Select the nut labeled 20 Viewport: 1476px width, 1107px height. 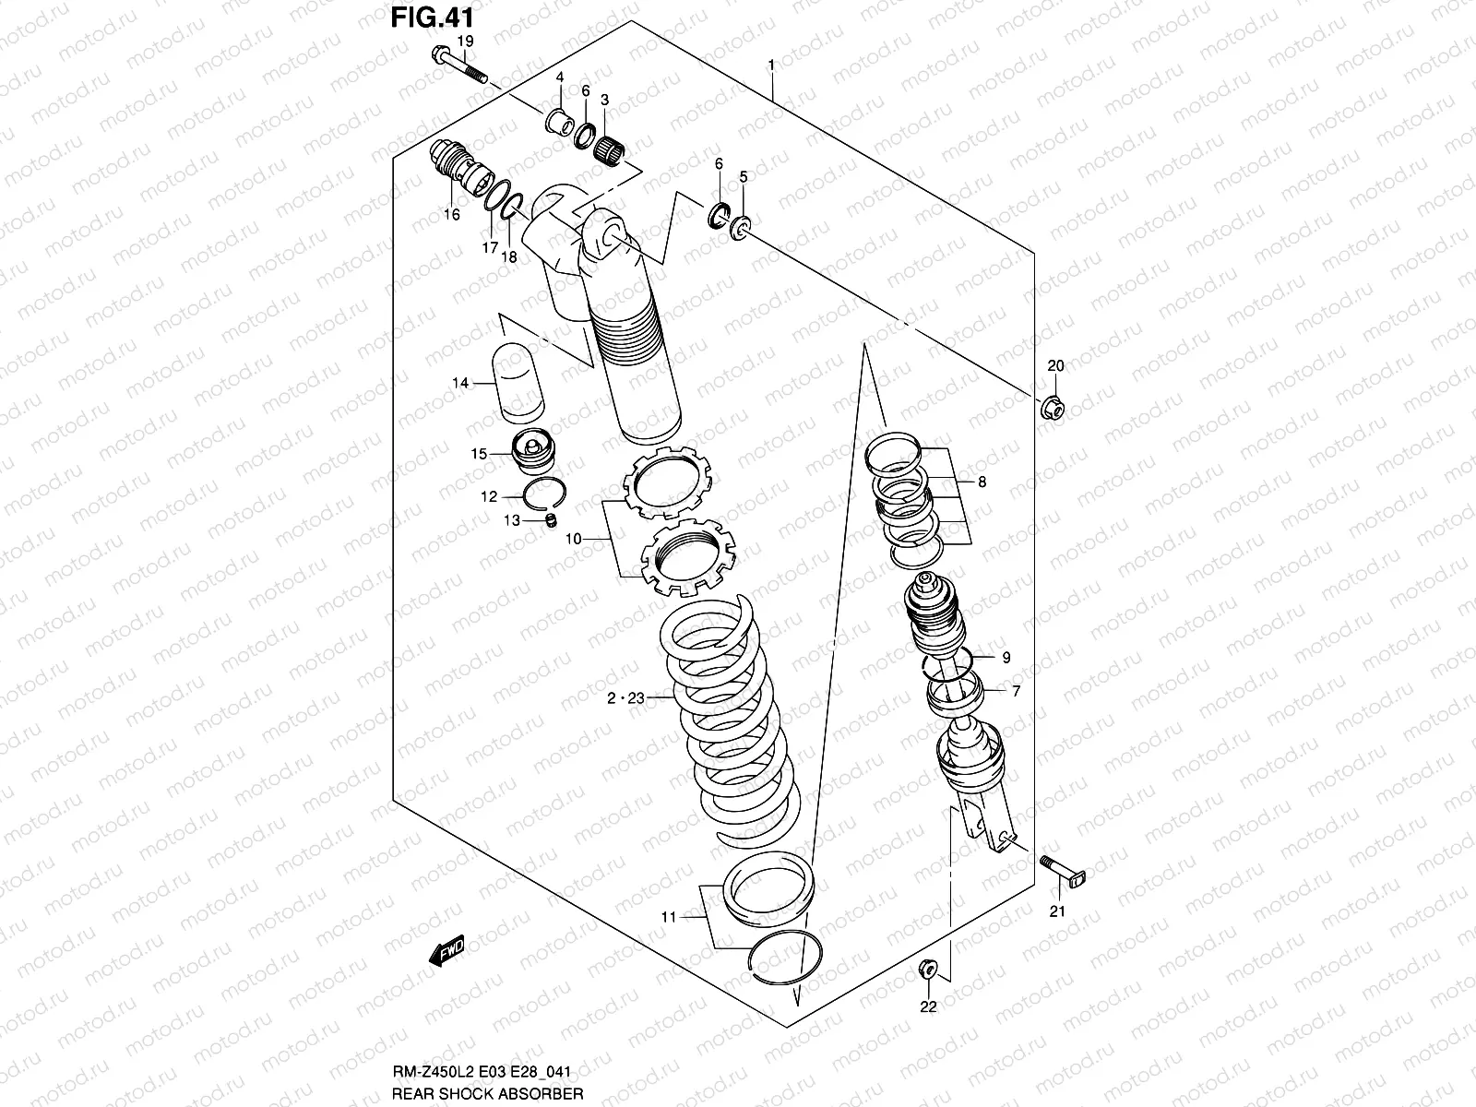(1053, 407)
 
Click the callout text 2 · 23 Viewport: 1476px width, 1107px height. (625, 699)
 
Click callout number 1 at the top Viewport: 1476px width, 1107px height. (771, 65)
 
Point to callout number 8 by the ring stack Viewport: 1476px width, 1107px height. (982, 482)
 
